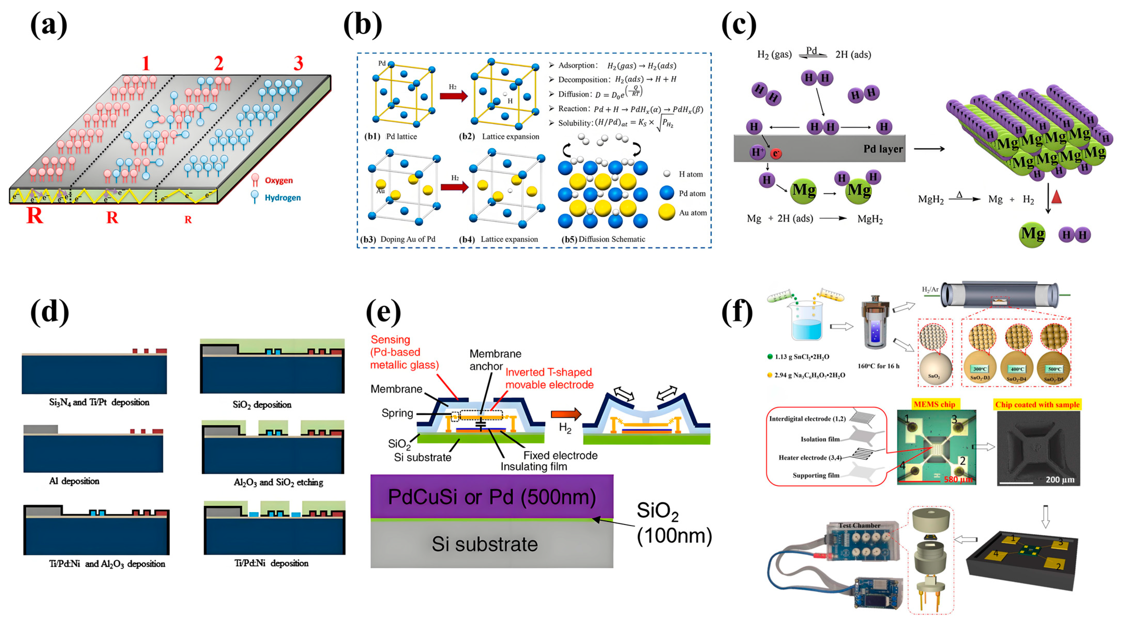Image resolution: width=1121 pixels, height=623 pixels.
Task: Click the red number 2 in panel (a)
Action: click(218, 64)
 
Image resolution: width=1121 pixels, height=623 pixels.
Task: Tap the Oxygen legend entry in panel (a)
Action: click(278, 180)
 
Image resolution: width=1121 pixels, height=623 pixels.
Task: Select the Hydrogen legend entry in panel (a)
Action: click(282, 198)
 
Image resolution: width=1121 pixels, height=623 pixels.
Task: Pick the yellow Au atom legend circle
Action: click(666, 213)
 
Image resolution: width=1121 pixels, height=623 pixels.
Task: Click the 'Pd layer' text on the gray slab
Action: click(883, 149)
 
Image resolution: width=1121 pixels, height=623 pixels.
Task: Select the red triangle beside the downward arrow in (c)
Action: click(1057, 197)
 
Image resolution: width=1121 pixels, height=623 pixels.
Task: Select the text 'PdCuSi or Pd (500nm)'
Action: click(492, 497)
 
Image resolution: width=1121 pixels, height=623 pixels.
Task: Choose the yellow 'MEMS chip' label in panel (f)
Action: click(934, 404)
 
